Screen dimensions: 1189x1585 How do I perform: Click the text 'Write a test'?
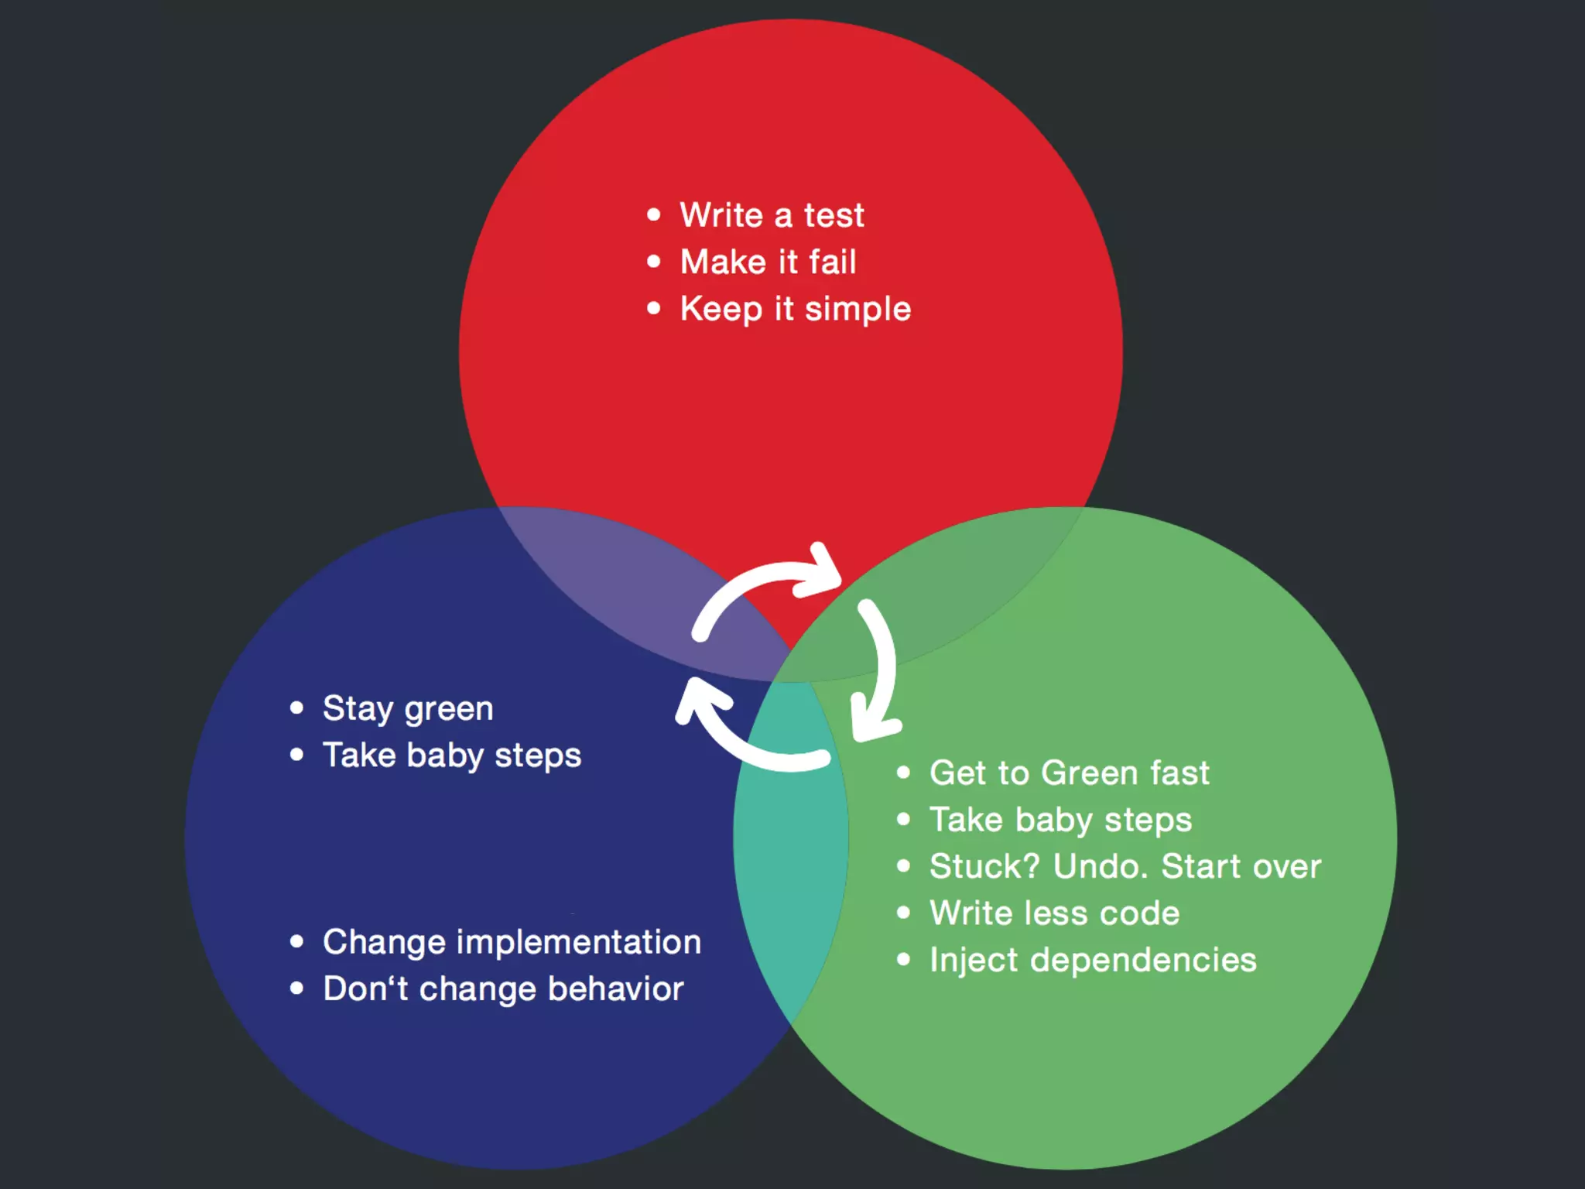(x=772, y=215)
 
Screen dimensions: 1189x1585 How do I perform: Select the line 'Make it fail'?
(x=768, y=262)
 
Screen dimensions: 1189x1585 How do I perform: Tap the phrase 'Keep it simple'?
(x=795, y=309)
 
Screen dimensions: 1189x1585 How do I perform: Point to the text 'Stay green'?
(x=407, y=708)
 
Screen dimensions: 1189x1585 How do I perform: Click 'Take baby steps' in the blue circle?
(x=451, y=756)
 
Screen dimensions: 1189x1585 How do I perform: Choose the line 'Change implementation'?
(x=512, y=942)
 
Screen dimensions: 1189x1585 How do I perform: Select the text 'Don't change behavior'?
(x=503, y=989)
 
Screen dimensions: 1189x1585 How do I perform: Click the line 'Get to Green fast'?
(x=1069, y=773)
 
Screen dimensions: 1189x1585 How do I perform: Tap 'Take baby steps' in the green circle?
(x=1060, y=820)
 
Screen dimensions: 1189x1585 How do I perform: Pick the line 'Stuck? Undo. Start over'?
(x=1125, y=866)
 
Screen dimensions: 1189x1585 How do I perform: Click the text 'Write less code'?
(x=1054, y=913)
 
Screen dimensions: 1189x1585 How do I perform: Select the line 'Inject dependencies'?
(x=1092, y=960)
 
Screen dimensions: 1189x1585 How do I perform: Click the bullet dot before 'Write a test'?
(x=654, y=214)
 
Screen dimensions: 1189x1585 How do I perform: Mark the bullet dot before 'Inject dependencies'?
(x=903, y=960)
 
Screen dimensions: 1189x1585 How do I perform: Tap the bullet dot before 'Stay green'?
(x=296, y=708)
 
